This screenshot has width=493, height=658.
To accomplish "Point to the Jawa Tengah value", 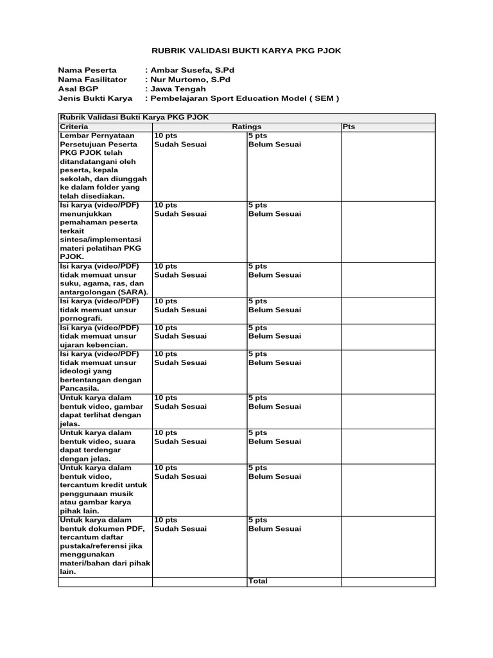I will (x=178, y=89).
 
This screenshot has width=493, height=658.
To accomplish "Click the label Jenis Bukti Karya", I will (x=95, y=99).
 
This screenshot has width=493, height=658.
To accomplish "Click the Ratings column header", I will (x=246, y=127).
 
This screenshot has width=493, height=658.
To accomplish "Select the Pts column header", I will (x=349, y=127).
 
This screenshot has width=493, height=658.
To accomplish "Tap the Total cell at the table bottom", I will (x=258, y=581).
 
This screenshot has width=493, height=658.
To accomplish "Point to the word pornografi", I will (x=81, y=318).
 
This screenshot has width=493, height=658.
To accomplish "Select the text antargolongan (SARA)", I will (x=103, y=292).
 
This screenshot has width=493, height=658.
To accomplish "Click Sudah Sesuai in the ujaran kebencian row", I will (x=180, y=336).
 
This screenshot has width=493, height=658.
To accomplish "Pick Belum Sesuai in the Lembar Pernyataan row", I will (x=274, y=145).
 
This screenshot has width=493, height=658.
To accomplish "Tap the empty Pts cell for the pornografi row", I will (x=387, y=309).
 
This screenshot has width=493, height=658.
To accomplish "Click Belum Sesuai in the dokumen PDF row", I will (x=274, y=529).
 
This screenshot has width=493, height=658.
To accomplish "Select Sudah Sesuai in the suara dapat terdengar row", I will (x=180, y=441).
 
